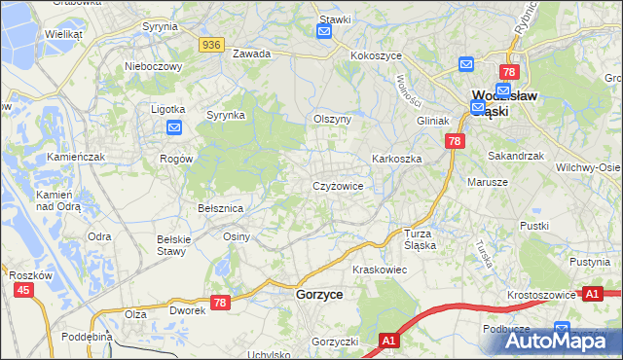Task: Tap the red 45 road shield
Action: pos(23,290)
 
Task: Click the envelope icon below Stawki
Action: pos(324,31)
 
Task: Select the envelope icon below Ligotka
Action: pos(174,126)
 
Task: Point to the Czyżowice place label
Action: pos(338,186)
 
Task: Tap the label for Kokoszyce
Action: pos(377,55)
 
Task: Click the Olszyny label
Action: pos(331,119)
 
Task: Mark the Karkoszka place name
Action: pos(395,158)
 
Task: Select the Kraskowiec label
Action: pos(379,268)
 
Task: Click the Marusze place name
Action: pos(488,182)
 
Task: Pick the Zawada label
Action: pos(251,54)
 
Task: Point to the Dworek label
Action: pos(187,311)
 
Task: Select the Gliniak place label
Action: pos(432,121)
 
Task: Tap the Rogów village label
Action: pos(176,159)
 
